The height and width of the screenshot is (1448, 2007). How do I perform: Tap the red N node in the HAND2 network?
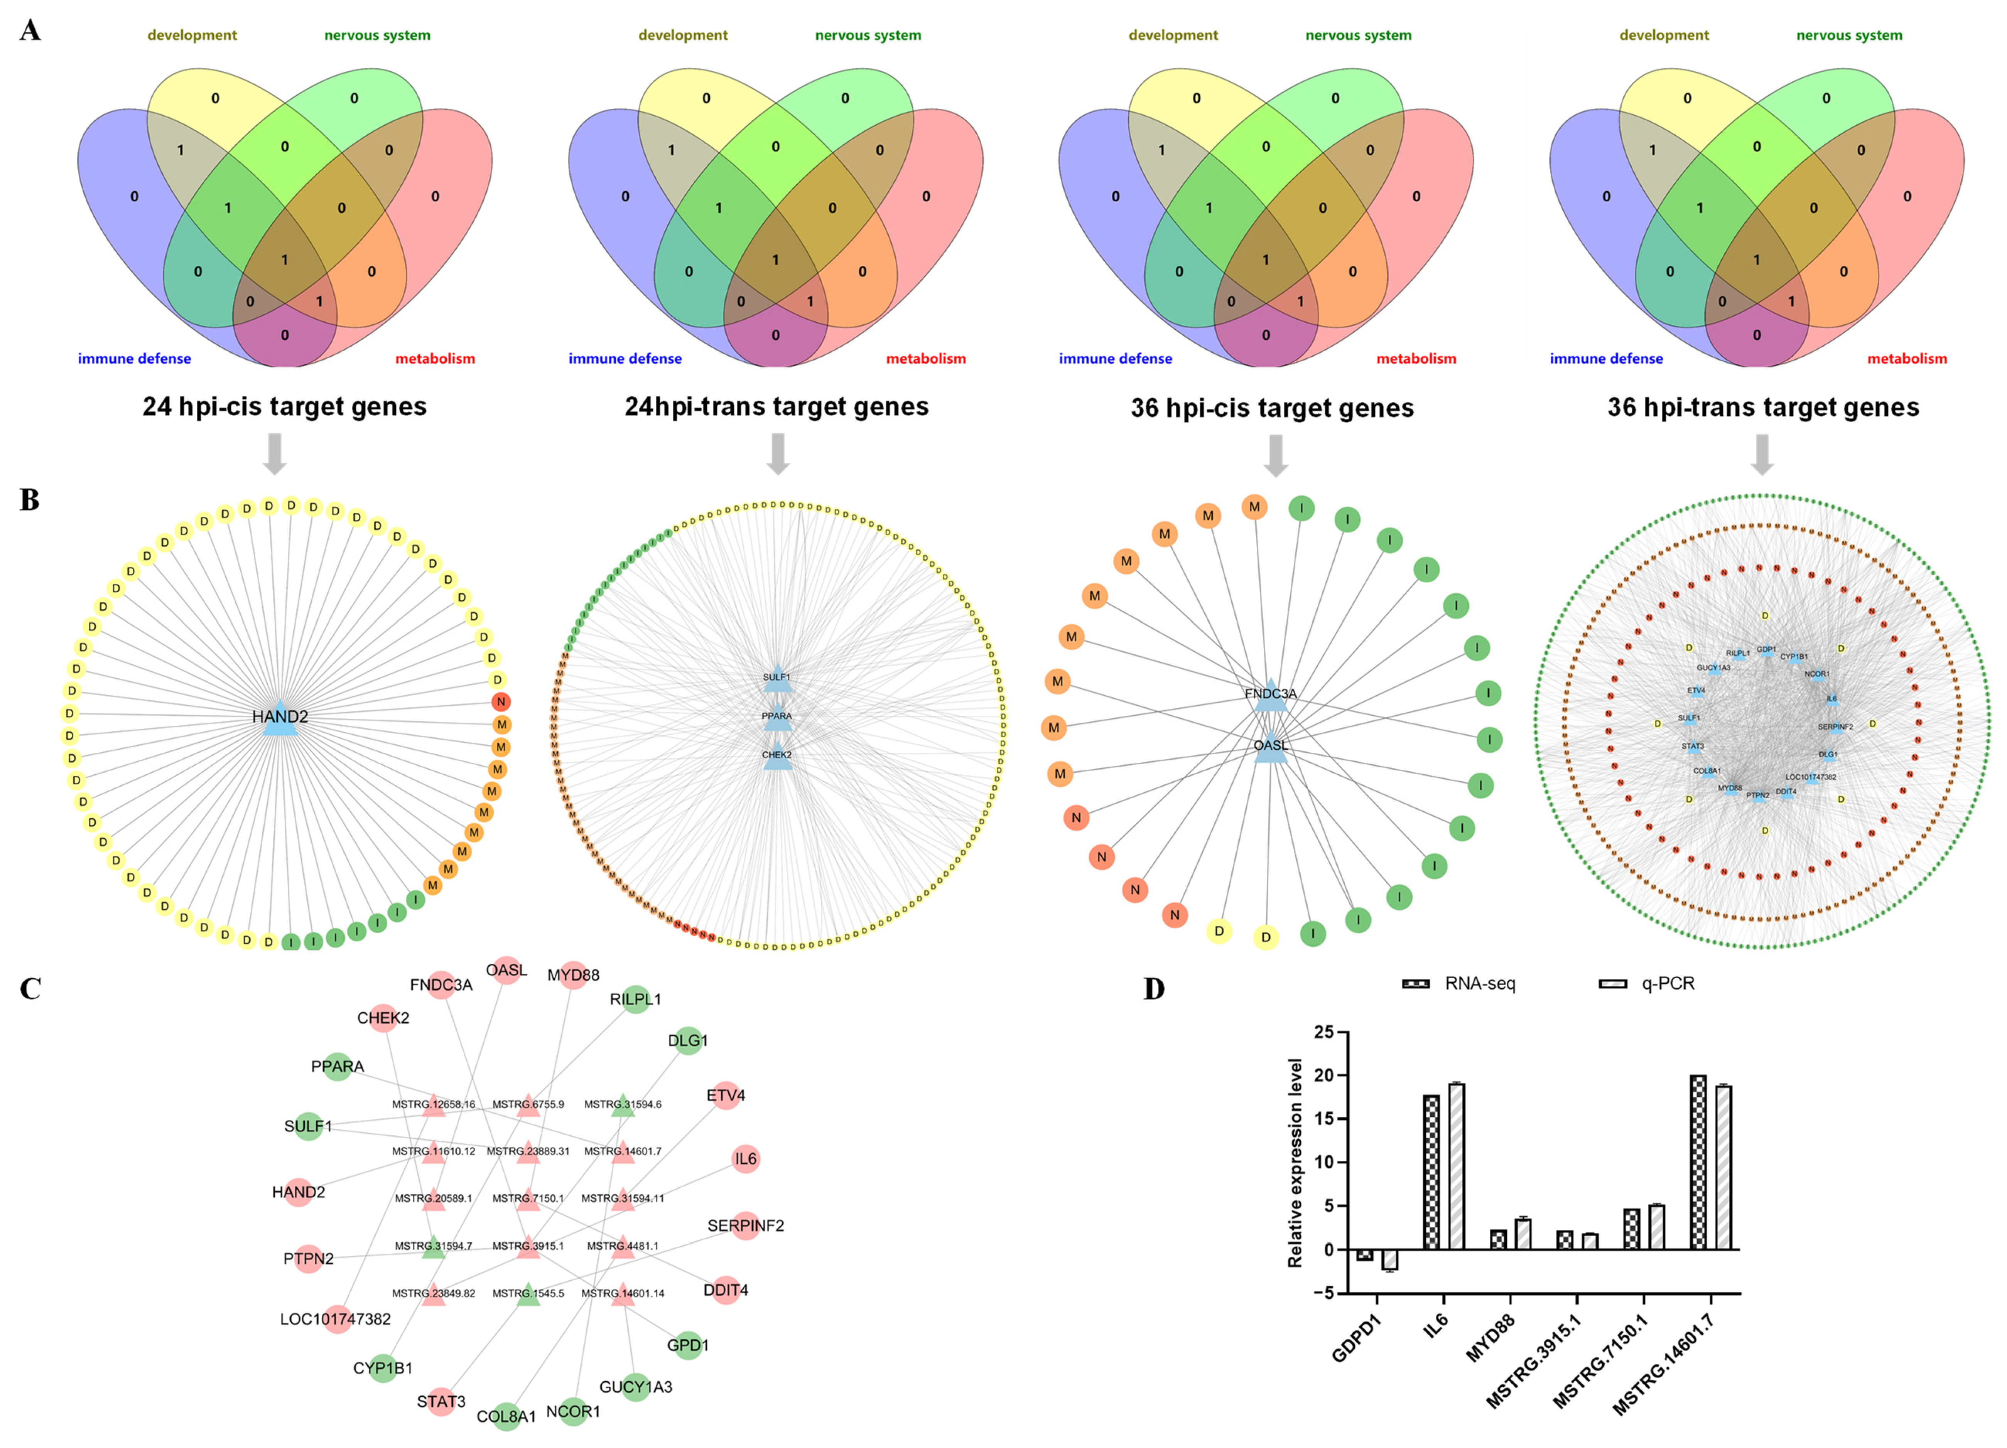click(501, 701)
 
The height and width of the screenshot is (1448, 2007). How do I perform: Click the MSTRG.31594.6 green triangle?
click(623, 1106)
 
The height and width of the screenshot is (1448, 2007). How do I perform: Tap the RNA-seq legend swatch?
click(1416, 984)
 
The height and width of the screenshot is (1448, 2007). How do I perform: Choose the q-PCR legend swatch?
click(1612, 984)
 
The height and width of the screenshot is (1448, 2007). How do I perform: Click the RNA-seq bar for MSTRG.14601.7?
click(1697, 1161)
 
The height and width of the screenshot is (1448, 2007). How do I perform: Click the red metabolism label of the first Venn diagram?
click(434, 358)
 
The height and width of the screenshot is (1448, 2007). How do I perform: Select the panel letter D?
click(1154, 988)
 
